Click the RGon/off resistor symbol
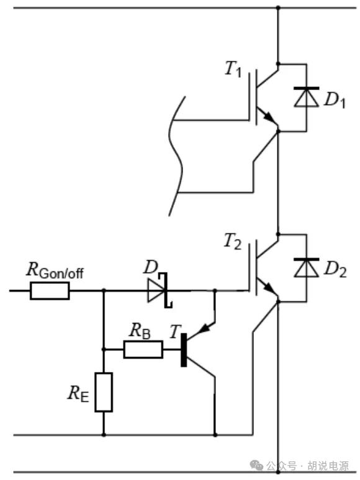(50, 291)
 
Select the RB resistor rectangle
(143, 349)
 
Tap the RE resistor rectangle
(104, 392)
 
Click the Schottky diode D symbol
(160, 290)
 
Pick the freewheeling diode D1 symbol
(306, 97)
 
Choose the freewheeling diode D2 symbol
(306, 268)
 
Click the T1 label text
(233, 68)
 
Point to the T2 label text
(233, 241)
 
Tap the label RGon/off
(55, 270)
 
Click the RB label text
(140, 331)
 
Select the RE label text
(78, 393)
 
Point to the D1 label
(335, 101)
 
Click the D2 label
(335, 269)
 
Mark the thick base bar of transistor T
(184, 350)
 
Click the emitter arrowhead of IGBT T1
(268, 117)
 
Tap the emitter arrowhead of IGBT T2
(268, 287)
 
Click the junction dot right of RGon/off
(104, 290)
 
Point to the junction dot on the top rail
(278, 7)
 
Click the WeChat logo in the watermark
(256, 465)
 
